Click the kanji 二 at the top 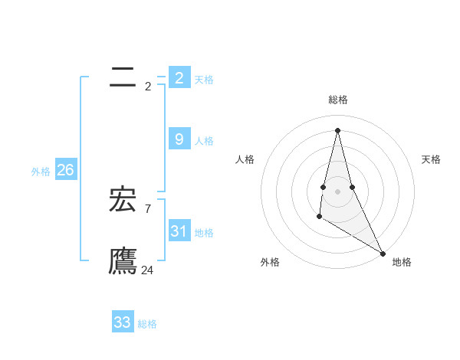coord(123,77)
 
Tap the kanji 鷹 coord(123,260)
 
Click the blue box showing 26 coord(65,170)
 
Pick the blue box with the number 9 coord(179,139)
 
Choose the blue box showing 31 coord(179,231)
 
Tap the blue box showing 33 coord(123,322)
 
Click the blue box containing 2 coord(179,77)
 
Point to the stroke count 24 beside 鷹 coord(147,270)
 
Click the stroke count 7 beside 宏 coord(148,208)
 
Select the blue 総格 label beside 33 coord(147,324)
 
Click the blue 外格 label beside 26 coord(41,172)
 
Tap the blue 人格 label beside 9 coord(204,141)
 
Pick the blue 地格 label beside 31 coord(204,233)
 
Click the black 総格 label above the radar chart coord(338,100)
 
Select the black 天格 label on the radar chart coord(431,159)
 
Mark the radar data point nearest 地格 coord(383,253)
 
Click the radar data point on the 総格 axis coord(337,129)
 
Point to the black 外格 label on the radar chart coord(270,262)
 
